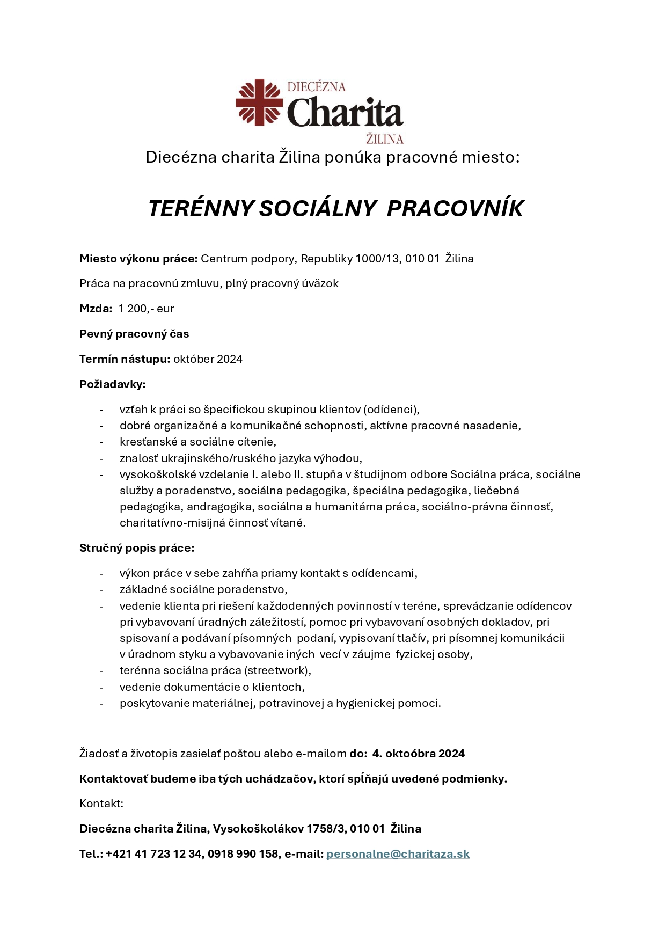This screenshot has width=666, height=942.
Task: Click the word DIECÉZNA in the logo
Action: (x=316, y=87)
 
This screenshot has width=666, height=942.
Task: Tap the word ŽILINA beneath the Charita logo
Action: (x=384, y=140)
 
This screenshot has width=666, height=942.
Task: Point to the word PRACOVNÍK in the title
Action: (x=455, y=209)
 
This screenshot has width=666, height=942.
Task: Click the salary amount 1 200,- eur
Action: (x=146, y=309)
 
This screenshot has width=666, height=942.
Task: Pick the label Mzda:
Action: (x=96, y=309)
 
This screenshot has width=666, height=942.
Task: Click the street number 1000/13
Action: (x=377, y=259)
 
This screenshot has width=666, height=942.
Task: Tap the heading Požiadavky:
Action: (x=113, y=384)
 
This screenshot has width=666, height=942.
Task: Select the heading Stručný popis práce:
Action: (x=137, y=548)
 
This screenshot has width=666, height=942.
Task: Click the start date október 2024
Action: (x=208, y=359)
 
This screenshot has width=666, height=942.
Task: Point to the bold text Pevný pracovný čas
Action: (x=134, y=334)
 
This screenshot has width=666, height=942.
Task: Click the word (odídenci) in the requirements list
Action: (x=391, y=410)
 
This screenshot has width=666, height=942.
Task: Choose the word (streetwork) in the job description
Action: (x=277, y=670)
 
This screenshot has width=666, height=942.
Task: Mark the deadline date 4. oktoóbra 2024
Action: (x=418, y=754)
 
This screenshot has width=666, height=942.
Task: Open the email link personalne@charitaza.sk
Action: (x=398, y=854)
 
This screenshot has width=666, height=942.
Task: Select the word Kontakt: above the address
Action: (x=101, y=804)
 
